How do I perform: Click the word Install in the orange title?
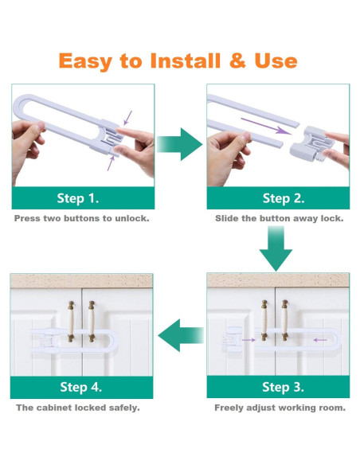click(186, 61)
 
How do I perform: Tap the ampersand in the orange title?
click(237, 61)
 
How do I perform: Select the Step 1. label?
click(78, 198)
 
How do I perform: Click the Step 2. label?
click(284, 198)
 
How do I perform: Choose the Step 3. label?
click(283, 387)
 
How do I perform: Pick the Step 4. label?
click(80, 387)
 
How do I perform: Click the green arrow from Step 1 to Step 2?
click(180, 144)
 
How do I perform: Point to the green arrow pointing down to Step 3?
click(276, 248)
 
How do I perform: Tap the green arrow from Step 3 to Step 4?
click(181, 335)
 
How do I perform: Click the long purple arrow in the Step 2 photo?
click(266, 126)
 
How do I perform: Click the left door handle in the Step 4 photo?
click(71, 322)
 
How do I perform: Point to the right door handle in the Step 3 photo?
click(284, 320)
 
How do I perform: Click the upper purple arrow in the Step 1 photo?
click(127, 118)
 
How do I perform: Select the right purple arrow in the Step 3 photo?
click(320, 340)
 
